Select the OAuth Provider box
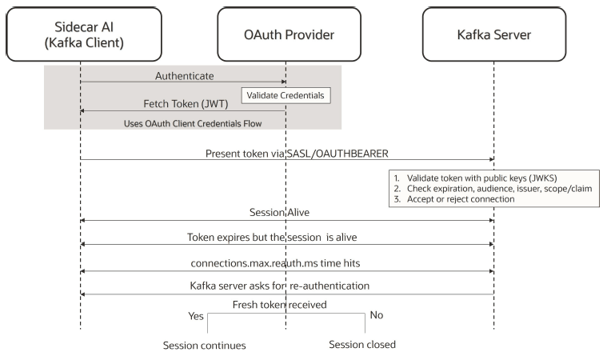(286, 34)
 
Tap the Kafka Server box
(493, 34)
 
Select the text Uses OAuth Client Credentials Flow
(192, 123)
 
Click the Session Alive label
(286, 212)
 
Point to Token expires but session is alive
(286, 237)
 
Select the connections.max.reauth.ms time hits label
(286, 261)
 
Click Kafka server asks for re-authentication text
(286, 286)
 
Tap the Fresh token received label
(286, 305)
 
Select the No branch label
(377, 315)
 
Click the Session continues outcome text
(204, 346)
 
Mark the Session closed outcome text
(362, 345)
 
